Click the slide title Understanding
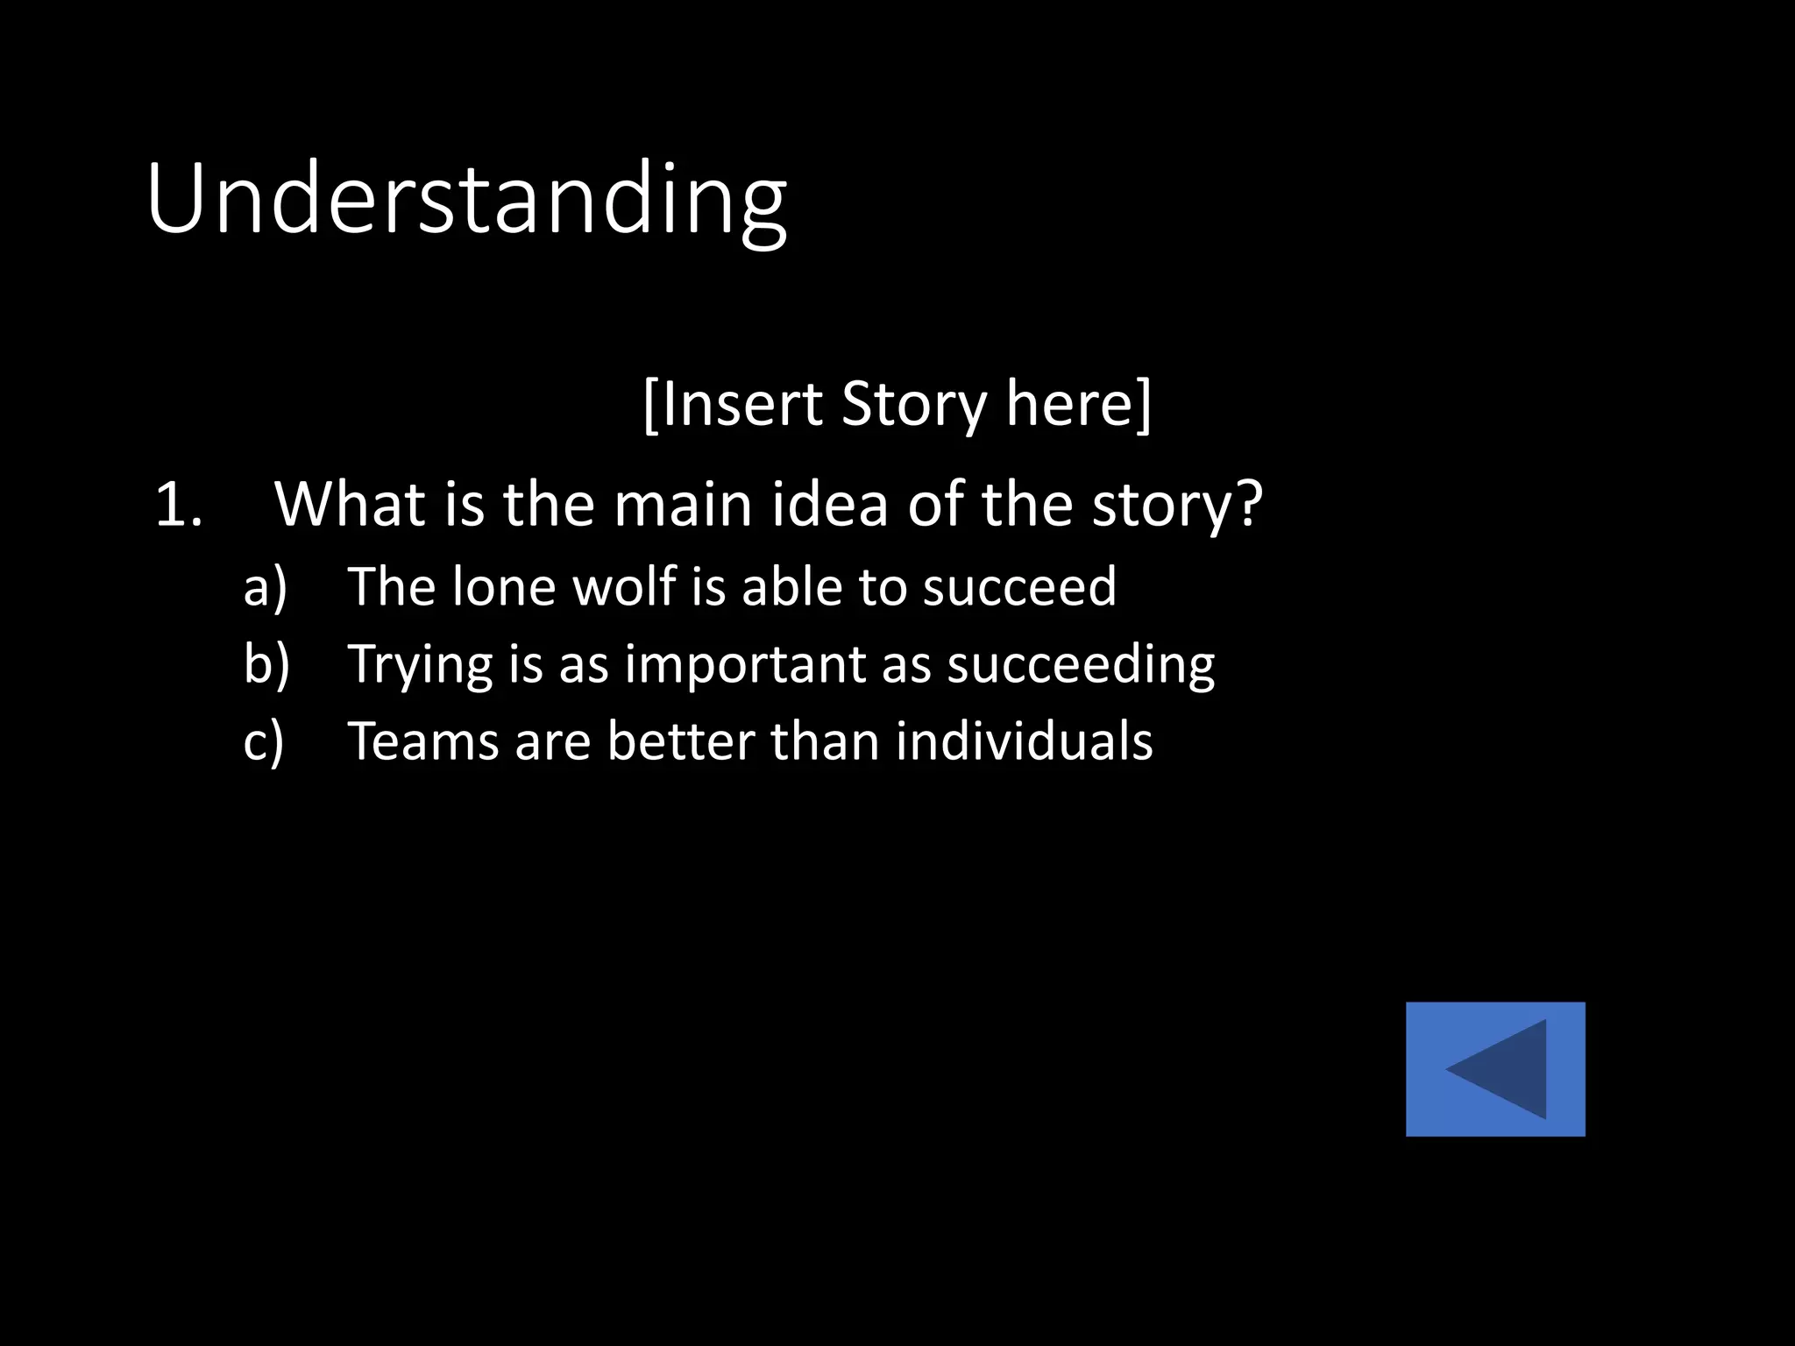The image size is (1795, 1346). tap(466, 202)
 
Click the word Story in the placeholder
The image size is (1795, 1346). tap(913, 404)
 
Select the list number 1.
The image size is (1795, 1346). tap(177, 506)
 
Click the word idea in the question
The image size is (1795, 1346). tap(838, 506)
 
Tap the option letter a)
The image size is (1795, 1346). tap(265, 586)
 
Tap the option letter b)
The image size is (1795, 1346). tap(266, 663)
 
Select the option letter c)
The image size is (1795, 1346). tap(264, 741)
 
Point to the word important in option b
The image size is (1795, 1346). tap(745, 664)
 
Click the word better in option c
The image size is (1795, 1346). tap(680, 741)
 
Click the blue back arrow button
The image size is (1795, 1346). tap(1495, 1069)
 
